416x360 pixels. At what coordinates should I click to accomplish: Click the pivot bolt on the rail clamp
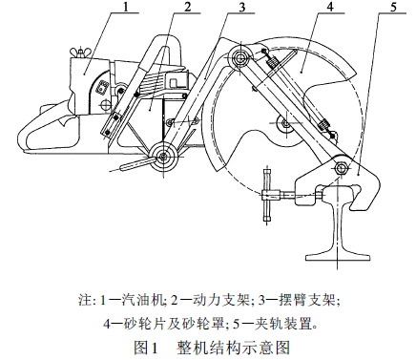(x=342, y=170)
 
